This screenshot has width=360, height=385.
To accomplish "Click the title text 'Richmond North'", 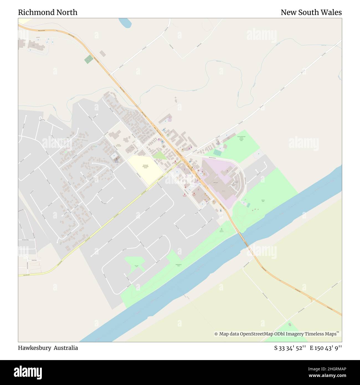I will coord(48,12).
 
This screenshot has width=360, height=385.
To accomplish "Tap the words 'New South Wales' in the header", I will coord(311,12).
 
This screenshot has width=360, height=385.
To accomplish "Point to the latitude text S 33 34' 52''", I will coord(290,348).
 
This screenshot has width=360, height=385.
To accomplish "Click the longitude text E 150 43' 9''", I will coord(326,348).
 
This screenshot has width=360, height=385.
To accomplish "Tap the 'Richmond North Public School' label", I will coord(145,166).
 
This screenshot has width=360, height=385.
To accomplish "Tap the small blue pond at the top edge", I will coord(125,23).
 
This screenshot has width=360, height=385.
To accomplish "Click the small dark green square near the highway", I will coord(89,59).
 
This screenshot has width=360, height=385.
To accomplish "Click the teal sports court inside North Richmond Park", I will coord(218,152).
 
